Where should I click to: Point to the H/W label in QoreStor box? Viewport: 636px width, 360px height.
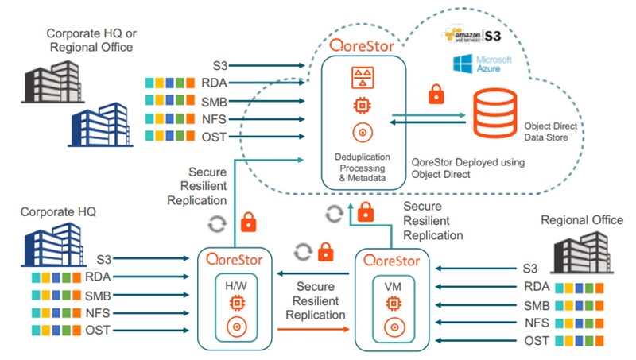[x=235, y=284]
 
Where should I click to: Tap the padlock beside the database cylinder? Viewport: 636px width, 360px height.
[x=436, y=95]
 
